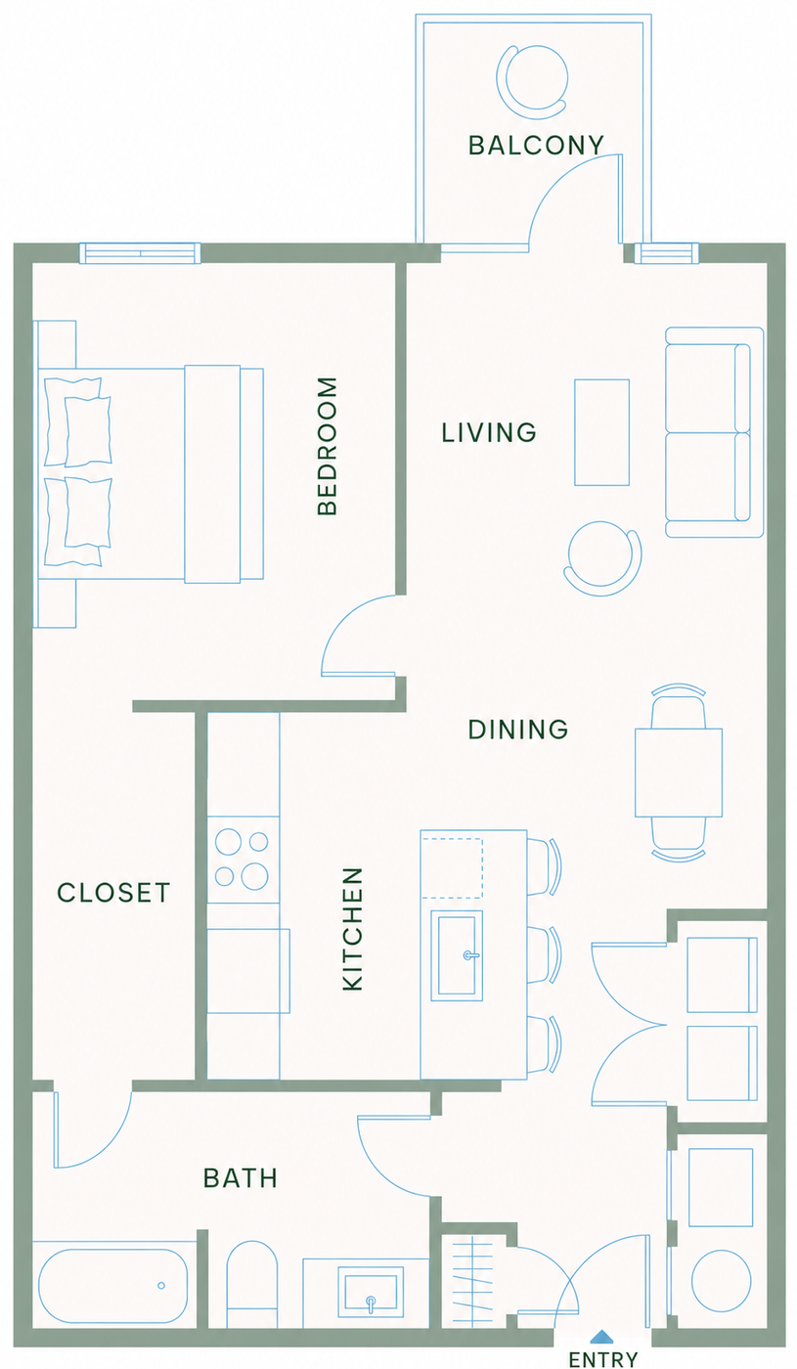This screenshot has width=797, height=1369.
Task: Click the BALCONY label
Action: (x=536, y=146)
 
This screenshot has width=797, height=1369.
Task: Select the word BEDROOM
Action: (x=328, y=446)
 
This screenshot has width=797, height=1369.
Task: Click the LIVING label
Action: (x=489, y=432)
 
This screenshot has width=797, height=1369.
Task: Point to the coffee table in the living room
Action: (x=602, y=432)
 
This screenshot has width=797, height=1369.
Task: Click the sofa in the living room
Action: (x=715, y=432)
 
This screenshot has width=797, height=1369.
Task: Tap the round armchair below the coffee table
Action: (x=602, y=558)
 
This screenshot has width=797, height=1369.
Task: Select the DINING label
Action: (x=518, y=729)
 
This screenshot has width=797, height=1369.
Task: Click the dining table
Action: (x=679, y=773)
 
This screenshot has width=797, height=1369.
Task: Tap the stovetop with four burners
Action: (x=244, y=860)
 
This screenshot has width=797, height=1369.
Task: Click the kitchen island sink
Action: (x=457, y=955)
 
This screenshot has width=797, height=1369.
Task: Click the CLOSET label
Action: (x=113, y=893)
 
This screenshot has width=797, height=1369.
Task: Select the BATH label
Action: (x=241, y=1177)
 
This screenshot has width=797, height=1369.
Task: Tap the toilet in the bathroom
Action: (x=252, y=1291)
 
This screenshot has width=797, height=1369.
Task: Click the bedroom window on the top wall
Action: (x=140, y=253)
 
